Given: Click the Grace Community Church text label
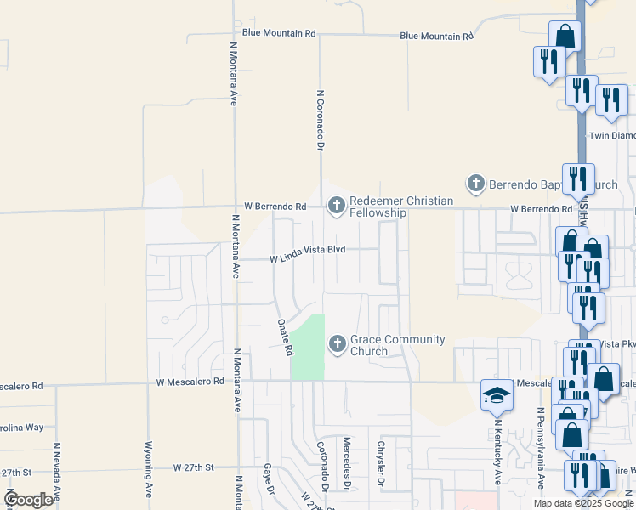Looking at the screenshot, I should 398,345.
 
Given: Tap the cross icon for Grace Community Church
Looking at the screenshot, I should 337,343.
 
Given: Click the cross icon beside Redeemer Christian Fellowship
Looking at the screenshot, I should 337,205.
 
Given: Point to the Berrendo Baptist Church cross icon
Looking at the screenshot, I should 475,183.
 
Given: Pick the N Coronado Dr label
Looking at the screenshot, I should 321,121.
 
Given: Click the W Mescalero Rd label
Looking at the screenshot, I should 190,382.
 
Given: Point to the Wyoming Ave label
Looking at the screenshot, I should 148,469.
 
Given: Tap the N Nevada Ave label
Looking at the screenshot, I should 56,473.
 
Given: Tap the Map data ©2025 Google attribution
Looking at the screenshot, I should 583,503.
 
